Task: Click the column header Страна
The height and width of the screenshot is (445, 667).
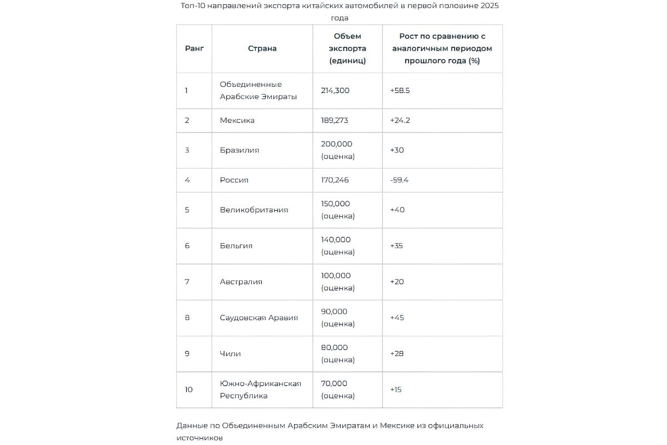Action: (262, 48)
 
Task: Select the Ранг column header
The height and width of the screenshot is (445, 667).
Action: (194, 48)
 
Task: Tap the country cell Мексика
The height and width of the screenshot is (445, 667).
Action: (237, 120)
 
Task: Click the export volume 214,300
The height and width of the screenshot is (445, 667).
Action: (335, 90)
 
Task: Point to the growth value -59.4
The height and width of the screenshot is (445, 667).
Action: (400, 180)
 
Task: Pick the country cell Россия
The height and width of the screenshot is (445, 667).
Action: (234, 180)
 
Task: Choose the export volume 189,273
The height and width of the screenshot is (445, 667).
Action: (335, 120)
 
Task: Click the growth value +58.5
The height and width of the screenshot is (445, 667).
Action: (400, 90)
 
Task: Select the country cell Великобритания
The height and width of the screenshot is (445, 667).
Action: (254, 210)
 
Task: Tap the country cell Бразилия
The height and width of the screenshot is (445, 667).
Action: (240, 150)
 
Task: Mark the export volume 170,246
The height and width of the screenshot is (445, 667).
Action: (335, 180)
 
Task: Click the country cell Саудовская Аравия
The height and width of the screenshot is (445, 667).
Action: (259, 318)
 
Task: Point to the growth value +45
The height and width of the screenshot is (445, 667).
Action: (397, 318)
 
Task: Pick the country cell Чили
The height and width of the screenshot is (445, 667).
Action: (231, 354)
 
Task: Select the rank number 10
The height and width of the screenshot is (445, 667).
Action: (189, 389)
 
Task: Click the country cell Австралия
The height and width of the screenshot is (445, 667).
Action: (241, 281)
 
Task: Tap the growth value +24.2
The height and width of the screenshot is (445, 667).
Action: (400, 120)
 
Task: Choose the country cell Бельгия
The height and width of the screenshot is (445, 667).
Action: (236, 246)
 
